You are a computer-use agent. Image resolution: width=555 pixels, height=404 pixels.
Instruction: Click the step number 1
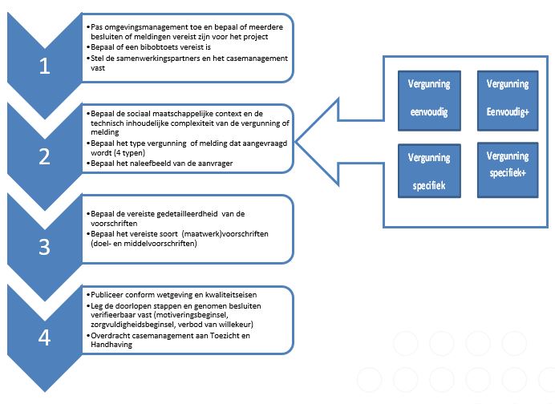coord(44,66)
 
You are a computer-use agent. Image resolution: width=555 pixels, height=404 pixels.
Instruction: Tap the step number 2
coord(44,156)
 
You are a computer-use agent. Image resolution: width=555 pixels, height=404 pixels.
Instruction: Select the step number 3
coord(44,247)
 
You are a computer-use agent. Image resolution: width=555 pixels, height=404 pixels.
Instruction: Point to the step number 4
coord(44,337)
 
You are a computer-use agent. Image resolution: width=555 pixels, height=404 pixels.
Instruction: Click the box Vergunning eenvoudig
coord(429,101)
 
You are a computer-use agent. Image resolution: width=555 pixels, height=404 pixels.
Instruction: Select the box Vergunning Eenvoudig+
coord(508,101)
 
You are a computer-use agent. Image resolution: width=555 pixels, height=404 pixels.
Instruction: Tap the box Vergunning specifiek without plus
coord(429,171)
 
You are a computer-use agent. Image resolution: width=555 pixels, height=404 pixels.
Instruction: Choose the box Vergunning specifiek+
coord(508,170)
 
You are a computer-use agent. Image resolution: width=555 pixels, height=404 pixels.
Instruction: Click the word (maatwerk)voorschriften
coord(225,233)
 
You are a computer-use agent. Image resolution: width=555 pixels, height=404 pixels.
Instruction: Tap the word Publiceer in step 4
coord(107,294)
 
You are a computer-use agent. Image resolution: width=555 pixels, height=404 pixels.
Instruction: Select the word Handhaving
coord(111,344)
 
